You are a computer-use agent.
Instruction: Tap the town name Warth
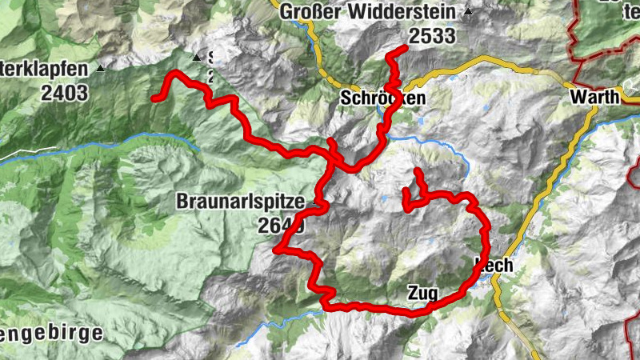(594, 97)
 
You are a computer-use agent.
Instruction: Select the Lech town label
(494, 265)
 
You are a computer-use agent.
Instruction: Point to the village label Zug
(422, 294)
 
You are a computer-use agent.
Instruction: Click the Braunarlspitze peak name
(240, 203)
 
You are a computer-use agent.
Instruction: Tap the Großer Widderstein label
(367, 12)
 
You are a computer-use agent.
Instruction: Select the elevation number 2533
(431, 36)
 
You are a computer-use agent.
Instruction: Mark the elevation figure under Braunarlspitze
(281, 226)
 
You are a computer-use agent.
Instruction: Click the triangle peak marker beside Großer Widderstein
(468, 12)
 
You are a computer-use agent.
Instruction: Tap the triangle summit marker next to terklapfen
(102, 68)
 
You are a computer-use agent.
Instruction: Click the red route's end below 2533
(406, 50)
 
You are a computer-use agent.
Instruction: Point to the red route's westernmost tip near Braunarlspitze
(275, 250)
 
